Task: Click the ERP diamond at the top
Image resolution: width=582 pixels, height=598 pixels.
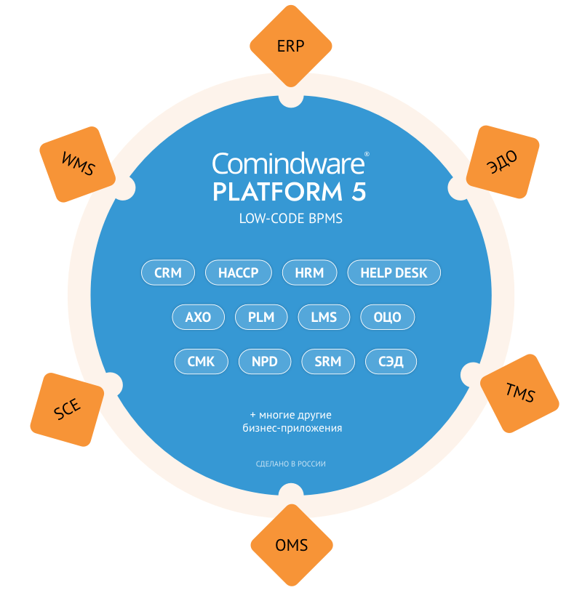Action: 291,46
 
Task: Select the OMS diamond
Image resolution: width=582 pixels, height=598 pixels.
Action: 291,546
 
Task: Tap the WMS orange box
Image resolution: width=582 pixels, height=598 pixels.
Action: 79,163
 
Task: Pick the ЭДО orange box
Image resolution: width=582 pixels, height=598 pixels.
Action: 503,162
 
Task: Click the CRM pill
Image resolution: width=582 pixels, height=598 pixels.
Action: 168,273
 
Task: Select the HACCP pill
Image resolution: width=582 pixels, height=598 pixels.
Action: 239,273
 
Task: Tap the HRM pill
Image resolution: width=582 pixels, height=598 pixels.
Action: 309,273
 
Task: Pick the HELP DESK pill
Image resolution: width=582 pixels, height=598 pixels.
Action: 394,273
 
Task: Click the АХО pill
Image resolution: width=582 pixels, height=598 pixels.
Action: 198,318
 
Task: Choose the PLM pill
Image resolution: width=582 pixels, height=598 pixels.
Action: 260,318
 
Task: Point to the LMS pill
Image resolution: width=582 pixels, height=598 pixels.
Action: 324,318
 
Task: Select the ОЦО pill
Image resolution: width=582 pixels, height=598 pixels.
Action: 388,318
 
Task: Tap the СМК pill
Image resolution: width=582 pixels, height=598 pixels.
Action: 202,361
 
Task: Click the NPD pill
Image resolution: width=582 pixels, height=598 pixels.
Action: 265,361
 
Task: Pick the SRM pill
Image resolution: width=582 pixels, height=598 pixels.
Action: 328,361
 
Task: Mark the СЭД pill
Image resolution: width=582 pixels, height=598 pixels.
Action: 391,361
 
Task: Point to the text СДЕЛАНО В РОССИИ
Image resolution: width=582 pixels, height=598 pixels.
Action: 290,464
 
